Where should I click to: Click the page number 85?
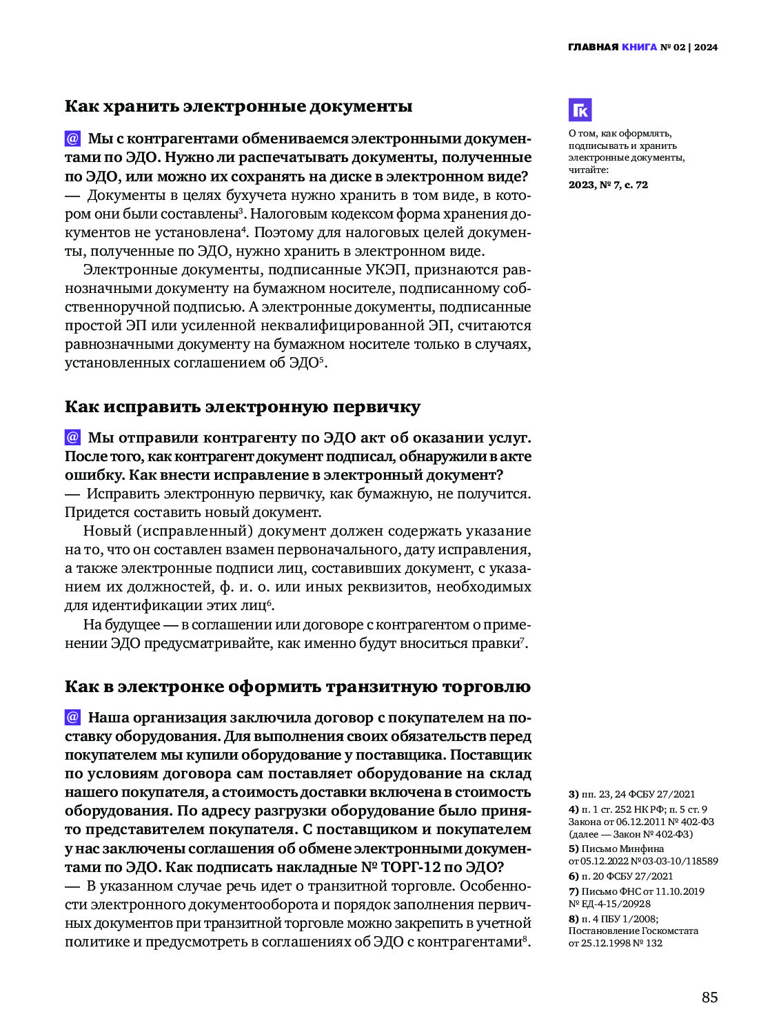coord(709,997)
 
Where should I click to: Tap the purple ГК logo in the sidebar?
coord(580,110)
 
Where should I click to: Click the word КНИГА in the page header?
coord(639,47)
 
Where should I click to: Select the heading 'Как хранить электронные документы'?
coord(239,106)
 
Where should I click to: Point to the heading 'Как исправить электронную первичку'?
coord(243,407)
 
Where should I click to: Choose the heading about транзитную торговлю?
coord(298,687)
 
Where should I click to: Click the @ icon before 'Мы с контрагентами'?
coord(72,139)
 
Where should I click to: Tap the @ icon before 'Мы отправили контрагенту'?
coord(72,438)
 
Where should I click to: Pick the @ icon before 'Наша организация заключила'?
coord(72,718)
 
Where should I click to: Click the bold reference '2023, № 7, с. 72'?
coord(608,185)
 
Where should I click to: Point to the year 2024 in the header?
coord(706,47)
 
